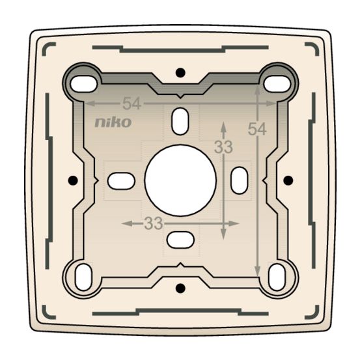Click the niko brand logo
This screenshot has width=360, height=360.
click(113, 122)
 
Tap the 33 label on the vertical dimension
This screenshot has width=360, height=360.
click(223, 148)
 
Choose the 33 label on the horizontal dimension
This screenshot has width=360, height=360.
click(153, 223)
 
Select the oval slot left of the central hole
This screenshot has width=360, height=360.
click(120, 180)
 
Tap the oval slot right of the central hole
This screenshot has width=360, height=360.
click(240, 179)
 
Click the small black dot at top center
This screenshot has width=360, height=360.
click(180, 70)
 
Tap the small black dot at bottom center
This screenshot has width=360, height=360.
click(180, 287)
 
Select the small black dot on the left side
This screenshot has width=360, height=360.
click(72, 179)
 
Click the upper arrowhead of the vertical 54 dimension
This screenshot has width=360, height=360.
click(258, 89)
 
